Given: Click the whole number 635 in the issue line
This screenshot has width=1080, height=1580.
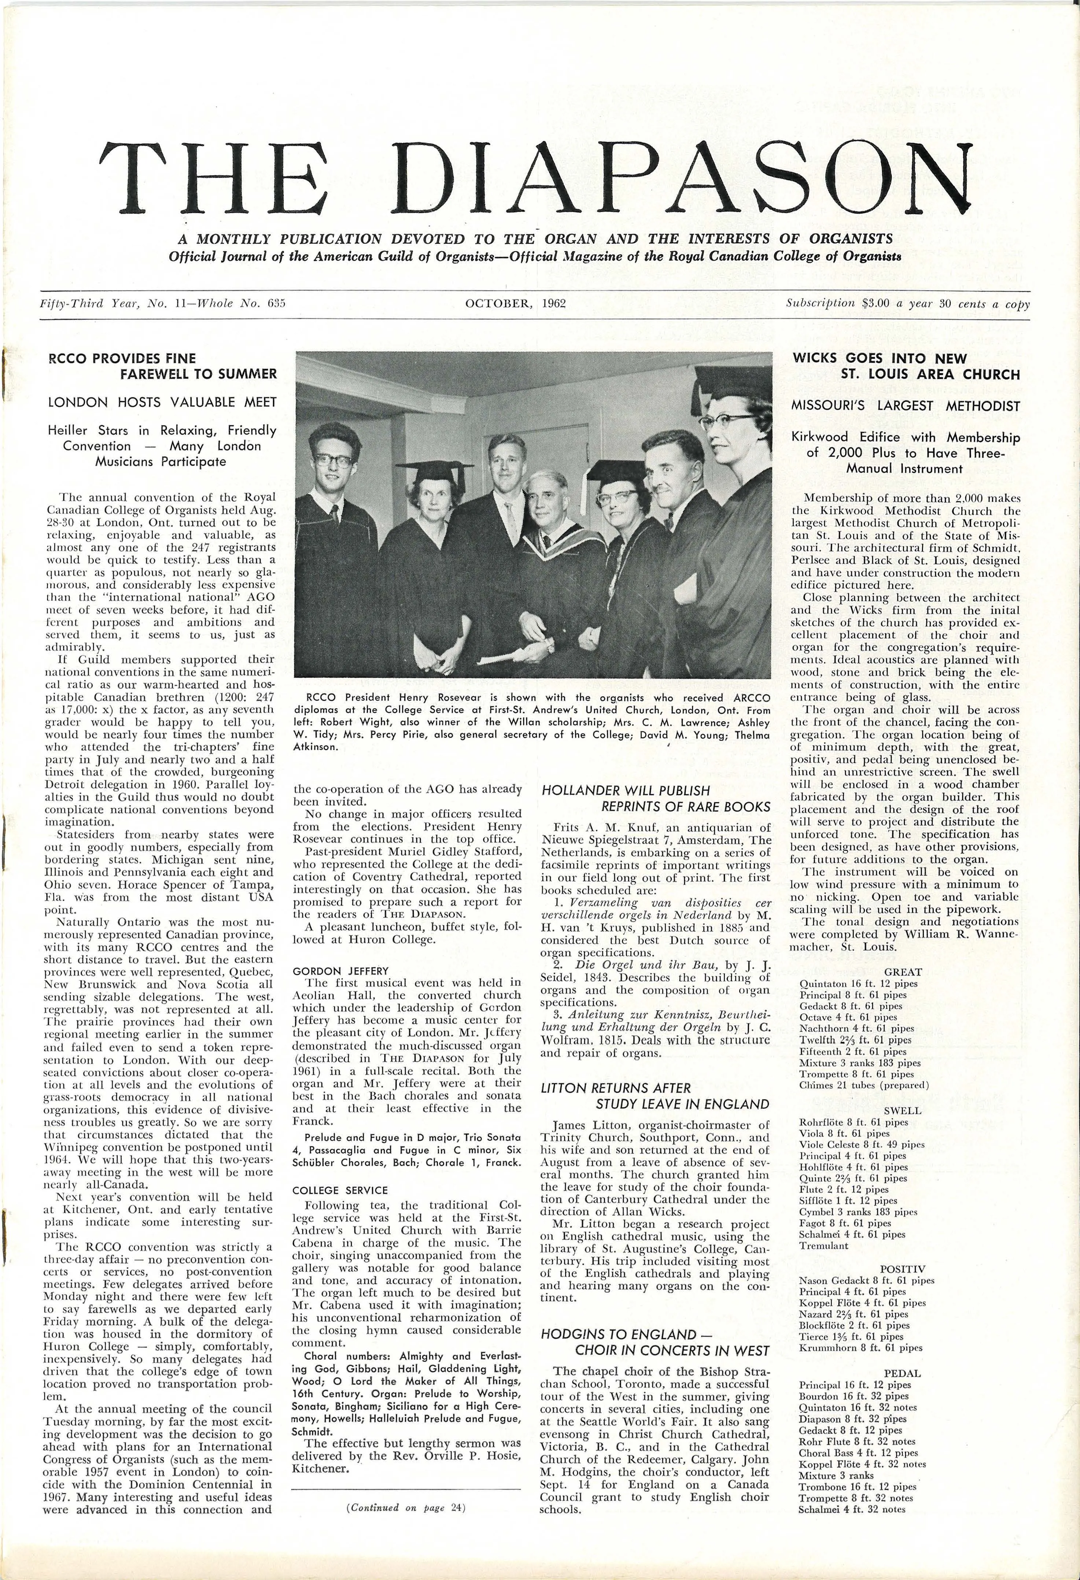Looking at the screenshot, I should pyautogui.click(x=276, y=304).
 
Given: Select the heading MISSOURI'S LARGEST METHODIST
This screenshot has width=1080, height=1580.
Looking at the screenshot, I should pyautogui.click(x=905, y=406).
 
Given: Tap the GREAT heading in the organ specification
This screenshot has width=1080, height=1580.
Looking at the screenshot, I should pyautogui.click(x=903, y=972).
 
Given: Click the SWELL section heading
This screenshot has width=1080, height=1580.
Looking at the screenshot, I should pyautogui.click(x=903, y=1110).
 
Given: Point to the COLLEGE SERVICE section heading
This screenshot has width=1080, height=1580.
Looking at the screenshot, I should pyautogui.click(x=340, y=1190).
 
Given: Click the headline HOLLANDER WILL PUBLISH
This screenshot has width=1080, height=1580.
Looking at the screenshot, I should pyautogui.click(x=626, y=791).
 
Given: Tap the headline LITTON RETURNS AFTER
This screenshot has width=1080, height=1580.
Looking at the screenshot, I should pyautogui.click(x=615, y=1088).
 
